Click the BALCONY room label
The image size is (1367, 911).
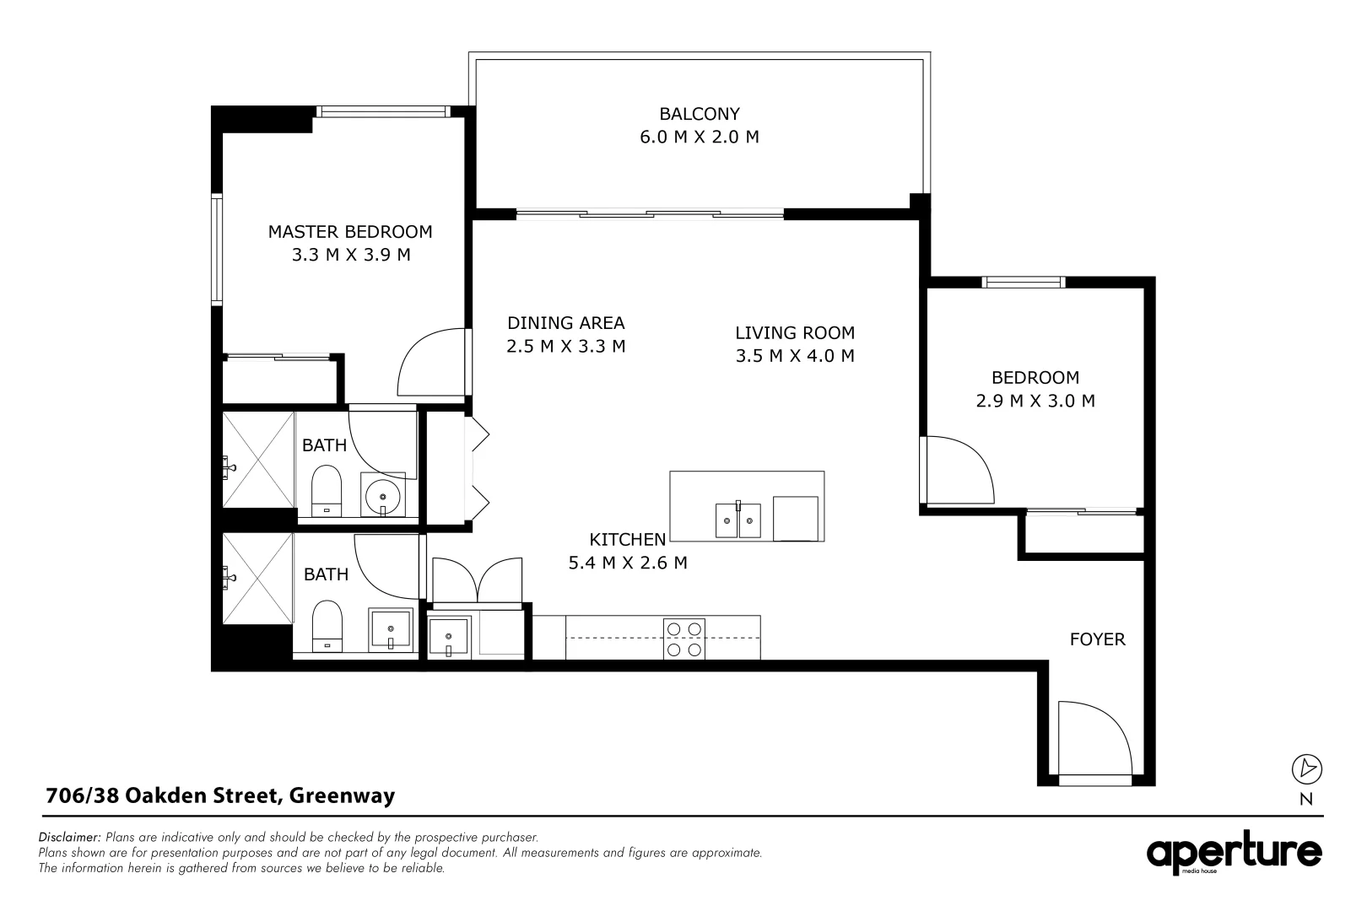tap(699, 114)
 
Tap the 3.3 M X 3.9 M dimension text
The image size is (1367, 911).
tap(350, 255)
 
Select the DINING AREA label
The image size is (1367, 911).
tap(565, 323)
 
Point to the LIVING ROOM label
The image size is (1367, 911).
tap(794, 333)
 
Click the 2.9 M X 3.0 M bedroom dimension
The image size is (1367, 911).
tap(1035, 402)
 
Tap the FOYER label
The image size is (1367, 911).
tap(1097, 639)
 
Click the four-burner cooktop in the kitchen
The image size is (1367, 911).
tap(683, 639)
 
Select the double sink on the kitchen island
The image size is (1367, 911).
tap(738, 520)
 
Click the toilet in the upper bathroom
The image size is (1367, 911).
tap(326, 493)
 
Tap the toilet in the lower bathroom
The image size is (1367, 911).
tap(327, 626)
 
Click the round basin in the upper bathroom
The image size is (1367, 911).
tap(384, 494)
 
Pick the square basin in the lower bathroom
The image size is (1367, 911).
tap(392, 629)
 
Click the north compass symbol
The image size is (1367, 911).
tap(1306, 768)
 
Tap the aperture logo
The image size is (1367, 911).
tap(1234, 854)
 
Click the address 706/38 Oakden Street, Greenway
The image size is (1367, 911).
tap(219, 795)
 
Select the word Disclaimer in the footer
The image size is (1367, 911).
tap(70, 838)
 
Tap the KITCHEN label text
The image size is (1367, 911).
tap(627, 540)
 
